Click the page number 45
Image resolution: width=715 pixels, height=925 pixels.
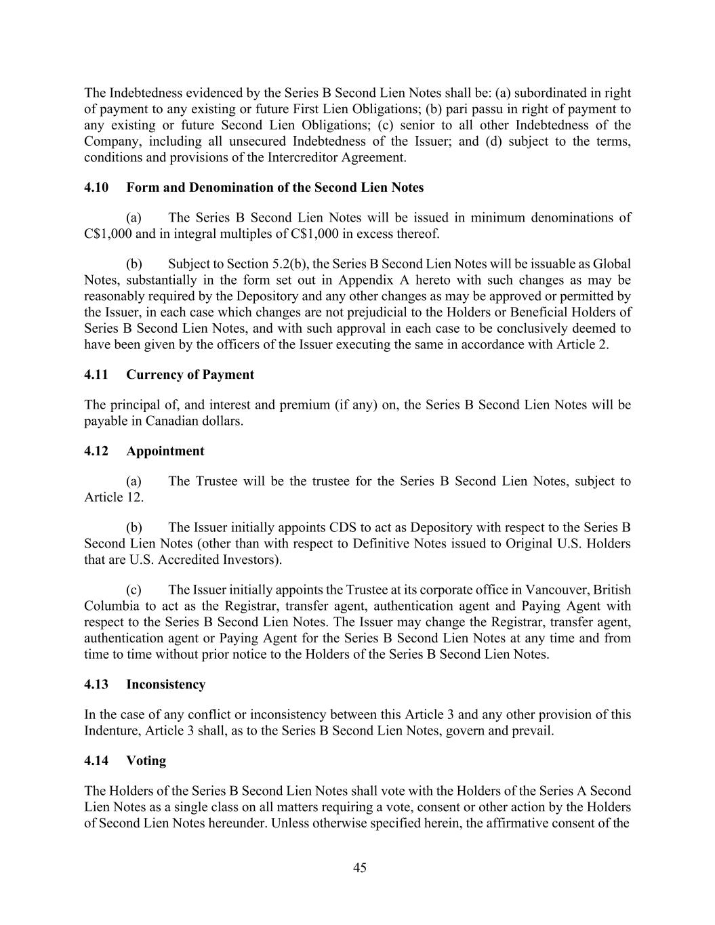click(x=360, y=868)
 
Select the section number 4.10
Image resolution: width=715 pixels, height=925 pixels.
click(x=96, y=188)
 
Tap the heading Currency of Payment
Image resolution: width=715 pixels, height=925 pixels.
click(x=190, y=375)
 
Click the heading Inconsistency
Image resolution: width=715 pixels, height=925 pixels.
click(x=165, y=684)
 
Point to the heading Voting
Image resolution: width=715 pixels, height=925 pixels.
click(x=146, y=761)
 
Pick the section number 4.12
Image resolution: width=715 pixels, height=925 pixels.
click(x=96, y=451)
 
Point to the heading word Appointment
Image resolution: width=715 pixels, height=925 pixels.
click(x=165, y=451)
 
